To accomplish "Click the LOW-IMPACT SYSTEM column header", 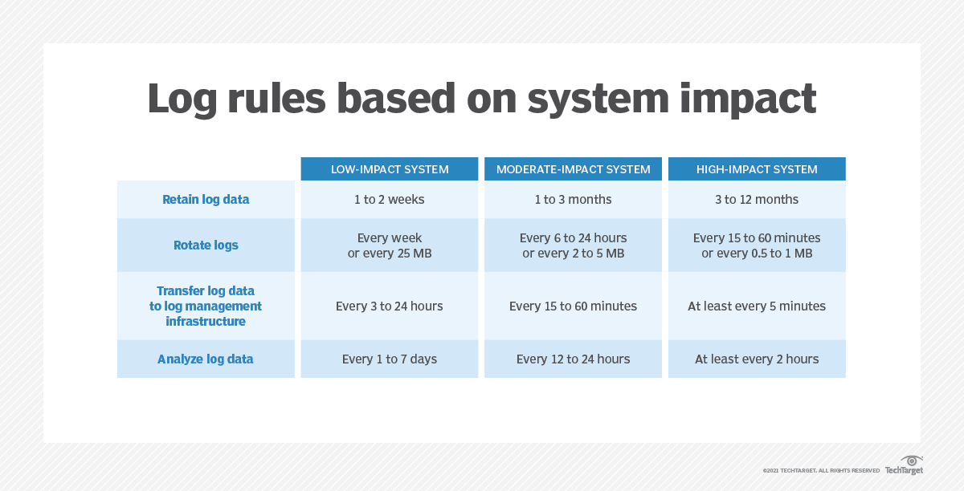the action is click(x=390, y=169).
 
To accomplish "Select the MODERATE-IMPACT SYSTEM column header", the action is click(x=574, y=169).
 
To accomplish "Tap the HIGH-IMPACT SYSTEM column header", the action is click(x=757, y=169).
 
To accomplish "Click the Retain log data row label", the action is click(x=206, y=200).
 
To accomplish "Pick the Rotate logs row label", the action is click(x=206, y=245).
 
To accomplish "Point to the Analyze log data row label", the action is click(x=206, y=359).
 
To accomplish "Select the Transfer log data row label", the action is click(x=206, y=306).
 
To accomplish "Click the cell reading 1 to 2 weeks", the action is click(x=390, y=200).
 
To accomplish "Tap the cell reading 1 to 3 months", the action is click(x=574, y=200).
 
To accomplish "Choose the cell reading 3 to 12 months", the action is click(x=757, y=200).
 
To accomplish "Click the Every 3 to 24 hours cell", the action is click(x=390, y=306).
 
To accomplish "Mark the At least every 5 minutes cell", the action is click(x=757, y=306).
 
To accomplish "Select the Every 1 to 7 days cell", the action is click(x=390, y=359).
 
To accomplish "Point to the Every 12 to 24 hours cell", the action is click(x=574, y=359).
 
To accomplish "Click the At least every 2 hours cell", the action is click(x=757, y=359).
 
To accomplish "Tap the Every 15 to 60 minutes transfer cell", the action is click(x=574, y=306).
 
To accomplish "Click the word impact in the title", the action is click(x=748, y=99).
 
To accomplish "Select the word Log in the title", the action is click(x=182, y=99).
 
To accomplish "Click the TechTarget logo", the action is click(x=905, y=465).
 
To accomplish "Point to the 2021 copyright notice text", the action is click(x=821, y=471).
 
